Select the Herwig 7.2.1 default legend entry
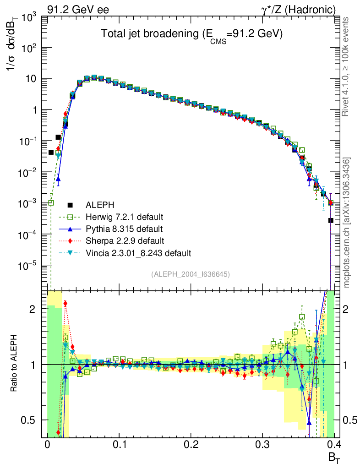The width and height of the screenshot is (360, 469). point(124,217)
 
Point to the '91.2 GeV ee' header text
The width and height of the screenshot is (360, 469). point(78,9)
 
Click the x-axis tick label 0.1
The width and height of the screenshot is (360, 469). point(119,444)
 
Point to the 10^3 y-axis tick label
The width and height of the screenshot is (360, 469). point(31,17)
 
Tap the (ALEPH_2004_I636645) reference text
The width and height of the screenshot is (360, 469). point(190,274)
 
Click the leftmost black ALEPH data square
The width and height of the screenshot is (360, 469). point(51,153)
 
